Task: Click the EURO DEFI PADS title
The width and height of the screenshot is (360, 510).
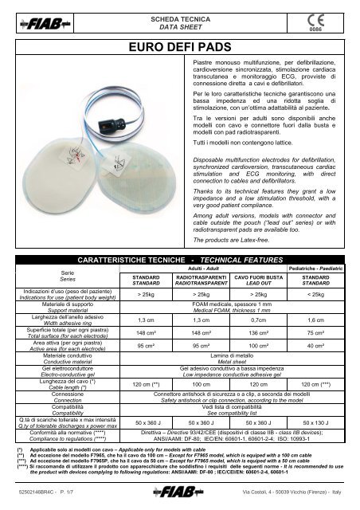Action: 179,47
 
